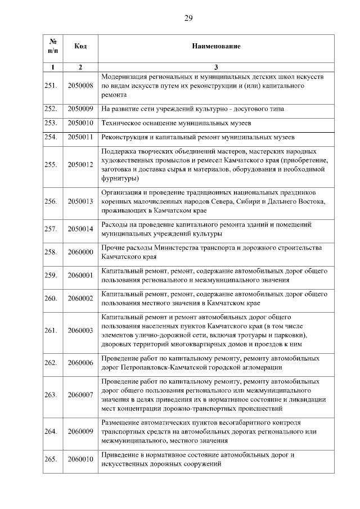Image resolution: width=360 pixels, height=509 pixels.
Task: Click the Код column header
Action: pyautogui.click(x=80, y=45)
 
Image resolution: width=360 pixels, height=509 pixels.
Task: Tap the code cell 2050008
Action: pyautogui.click(x=80, y=86)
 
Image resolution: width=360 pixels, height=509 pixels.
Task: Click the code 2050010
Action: pyautogui.click(x=80, y=122)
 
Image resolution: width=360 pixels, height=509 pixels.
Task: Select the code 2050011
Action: pyautogui.click(x=80, y=137)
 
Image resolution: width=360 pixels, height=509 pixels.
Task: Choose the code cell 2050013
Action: pyautogui.click(x=80, y=201)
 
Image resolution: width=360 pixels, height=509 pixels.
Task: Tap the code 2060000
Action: pyautogui.click(x=80, y=253)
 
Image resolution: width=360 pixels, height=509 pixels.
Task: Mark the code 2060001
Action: pyautogui.click(x=80, y=275)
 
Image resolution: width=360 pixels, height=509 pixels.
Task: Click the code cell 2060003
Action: pyautogui.click(x=80, y=331)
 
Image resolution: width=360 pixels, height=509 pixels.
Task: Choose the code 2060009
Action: pyautogui.click(x=80, y=431)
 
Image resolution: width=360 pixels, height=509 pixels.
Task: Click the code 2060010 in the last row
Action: pyautogui.click(x=80, y=459)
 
